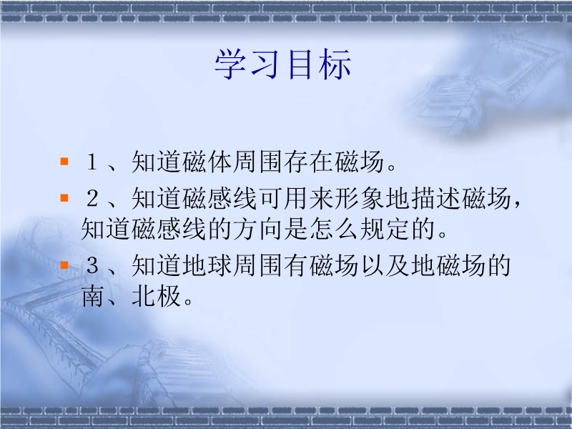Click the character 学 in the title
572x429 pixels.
(x=230, y=64)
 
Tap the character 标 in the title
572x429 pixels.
(x=335, y=64)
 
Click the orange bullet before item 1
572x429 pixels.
(x=64, y=162)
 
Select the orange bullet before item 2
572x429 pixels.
(x=64, y=198)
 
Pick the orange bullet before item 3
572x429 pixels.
(x=64, y=265)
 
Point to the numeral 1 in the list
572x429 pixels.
(x=92, y=162)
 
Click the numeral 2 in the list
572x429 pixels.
(x=92, y=198)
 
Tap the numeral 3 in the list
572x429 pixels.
(x=92, y=265)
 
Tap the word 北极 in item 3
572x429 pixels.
(x=156, y=296)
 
